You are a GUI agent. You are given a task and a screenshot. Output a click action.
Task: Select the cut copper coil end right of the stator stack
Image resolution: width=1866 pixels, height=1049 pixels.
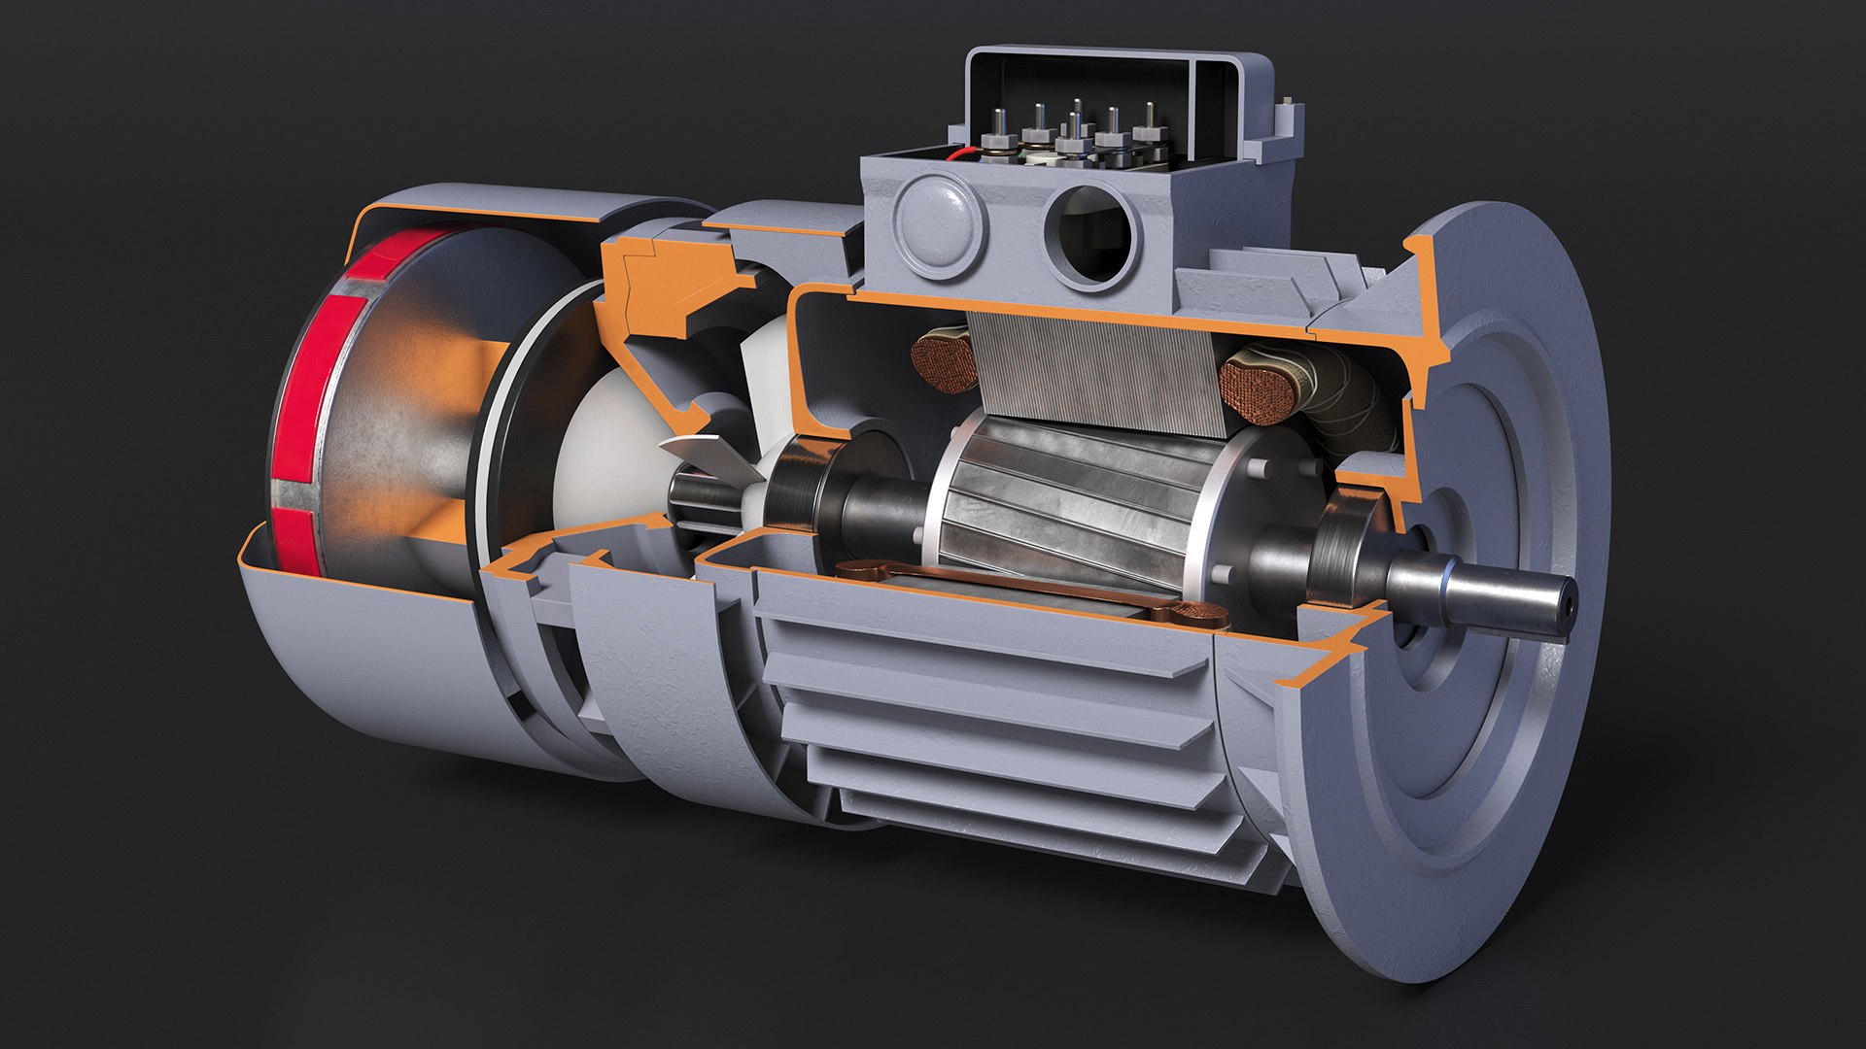1260,389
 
